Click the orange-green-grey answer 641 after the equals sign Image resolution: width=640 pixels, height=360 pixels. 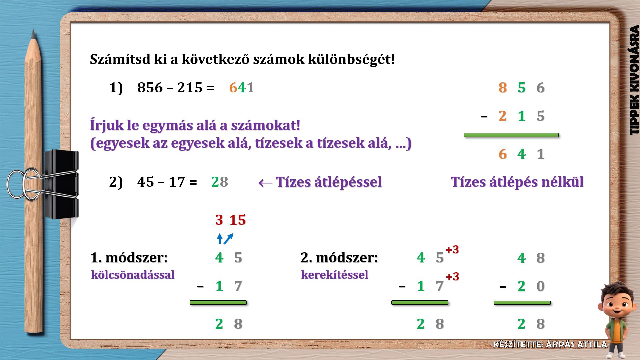pos(242,88)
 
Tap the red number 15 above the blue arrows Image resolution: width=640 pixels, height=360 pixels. pos(238,220)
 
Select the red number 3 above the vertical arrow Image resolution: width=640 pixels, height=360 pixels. pos(219,220)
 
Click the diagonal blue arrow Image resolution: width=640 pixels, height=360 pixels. pos(228,239)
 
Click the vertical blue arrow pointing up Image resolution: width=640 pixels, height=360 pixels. pos(219,239)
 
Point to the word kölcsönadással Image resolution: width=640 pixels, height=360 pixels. pos(133,275)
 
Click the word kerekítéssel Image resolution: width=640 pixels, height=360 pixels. pos(335,275)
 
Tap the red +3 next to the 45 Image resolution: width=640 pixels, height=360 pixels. pos(452,249)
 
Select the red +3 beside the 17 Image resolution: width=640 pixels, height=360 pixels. pos(452,276)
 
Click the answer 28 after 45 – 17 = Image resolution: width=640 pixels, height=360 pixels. pos(220,182)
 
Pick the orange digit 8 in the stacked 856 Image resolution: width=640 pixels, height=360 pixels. pos(503,88)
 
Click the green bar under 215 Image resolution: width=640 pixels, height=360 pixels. pos(511,135)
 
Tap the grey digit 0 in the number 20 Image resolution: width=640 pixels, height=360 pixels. pos(541,286)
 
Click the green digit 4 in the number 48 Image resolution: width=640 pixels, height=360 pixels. pos(522,258)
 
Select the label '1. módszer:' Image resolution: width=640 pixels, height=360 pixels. pos(129,258)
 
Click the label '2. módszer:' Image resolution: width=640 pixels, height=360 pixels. pos(339,258)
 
